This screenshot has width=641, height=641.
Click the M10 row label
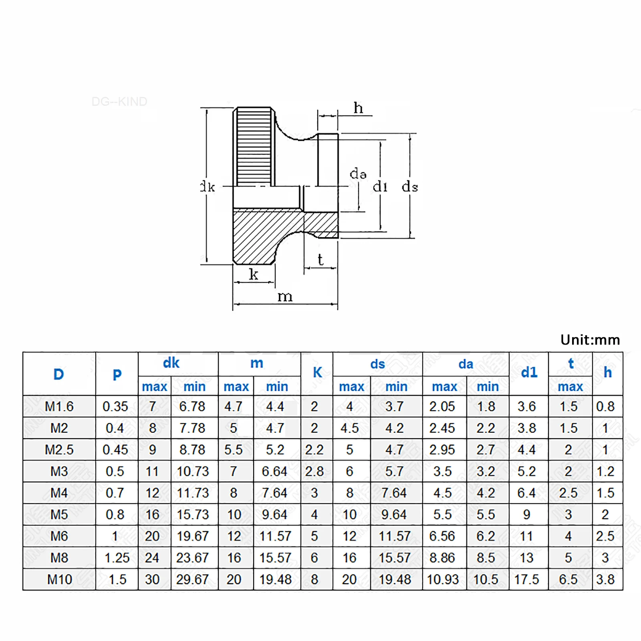[59, 579]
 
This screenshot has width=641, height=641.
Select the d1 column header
[529, 373]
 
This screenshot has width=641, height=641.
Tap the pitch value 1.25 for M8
[117, 558]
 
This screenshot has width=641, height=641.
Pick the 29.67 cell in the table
[192, 579]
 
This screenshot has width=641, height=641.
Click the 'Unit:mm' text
[590, 340]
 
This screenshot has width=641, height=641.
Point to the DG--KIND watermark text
[119, 101]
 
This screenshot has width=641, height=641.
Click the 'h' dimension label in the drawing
[358, 108]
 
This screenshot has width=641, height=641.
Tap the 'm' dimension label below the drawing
[285, 297]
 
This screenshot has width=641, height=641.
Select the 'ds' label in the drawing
[410, 186]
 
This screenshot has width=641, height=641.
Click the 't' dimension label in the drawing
[320, 260]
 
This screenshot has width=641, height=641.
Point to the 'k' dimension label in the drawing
[253, 274]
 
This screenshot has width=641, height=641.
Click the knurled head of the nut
[254, 146]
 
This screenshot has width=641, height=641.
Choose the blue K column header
[317, 373]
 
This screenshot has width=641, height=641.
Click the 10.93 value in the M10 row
[443, 579]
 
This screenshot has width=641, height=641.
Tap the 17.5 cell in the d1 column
[526, 579]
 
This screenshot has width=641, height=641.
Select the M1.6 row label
[59, 406]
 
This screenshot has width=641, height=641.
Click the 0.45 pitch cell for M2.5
[115, 450]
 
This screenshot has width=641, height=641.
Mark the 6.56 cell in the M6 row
[442, 536]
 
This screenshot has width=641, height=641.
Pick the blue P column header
[117, 375]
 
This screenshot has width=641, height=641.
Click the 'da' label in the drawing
[358, 174]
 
